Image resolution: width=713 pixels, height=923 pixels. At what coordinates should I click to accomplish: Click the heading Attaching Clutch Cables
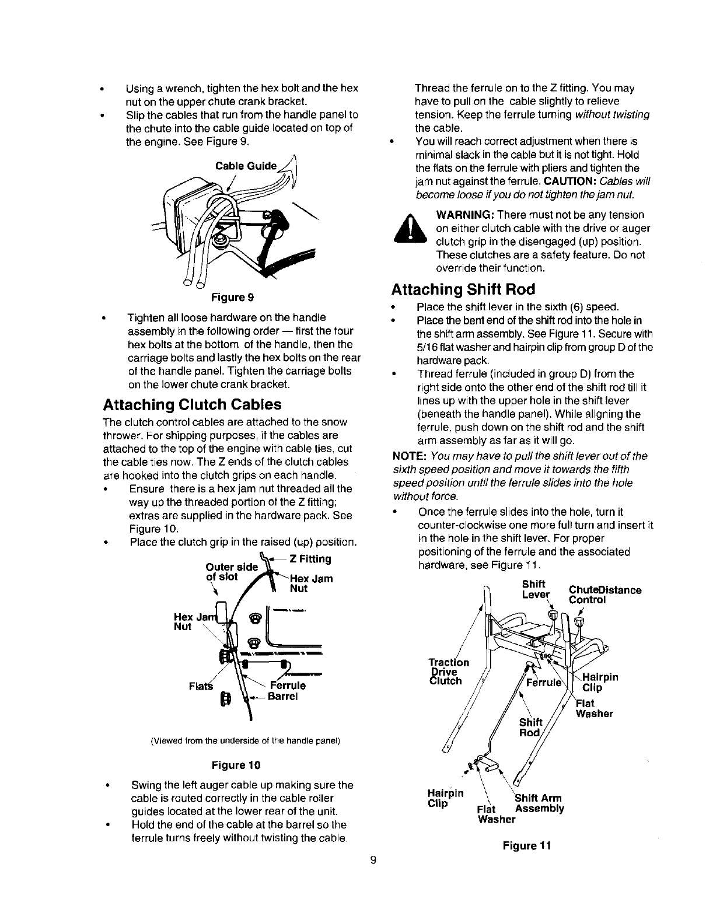(192, 405)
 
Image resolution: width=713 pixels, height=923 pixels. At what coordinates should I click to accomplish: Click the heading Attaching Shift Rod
(463, 289)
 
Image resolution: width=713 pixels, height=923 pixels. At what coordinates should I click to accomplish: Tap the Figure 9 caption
(232, 298)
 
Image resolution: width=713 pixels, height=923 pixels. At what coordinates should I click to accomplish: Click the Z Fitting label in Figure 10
(311, 558)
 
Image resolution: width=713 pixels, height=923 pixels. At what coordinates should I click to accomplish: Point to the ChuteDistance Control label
(604, 595)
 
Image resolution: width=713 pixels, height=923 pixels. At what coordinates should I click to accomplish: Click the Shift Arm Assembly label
(539, 803)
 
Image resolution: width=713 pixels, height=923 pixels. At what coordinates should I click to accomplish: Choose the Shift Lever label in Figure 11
(536, 589)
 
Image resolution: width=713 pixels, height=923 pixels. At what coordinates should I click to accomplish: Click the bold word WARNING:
(463, 215)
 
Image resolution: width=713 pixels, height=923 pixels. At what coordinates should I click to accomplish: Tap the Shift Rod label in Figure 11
(531, 728)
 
